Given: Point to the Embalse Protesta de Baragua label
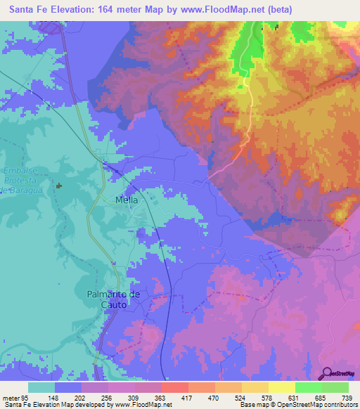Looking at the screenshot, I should pos(23,180).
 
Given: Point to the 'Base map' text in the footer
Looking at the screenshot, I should pos(255,405).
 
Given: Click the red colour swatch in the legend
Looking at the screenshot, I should pos(174,387).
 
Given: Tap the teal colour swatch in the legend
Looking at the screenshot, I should pos(41,387).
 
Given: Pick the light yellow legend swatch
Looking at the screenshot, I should pos(281,387).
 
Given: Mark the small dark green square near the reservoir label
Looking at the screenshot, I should pos(60,186).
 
